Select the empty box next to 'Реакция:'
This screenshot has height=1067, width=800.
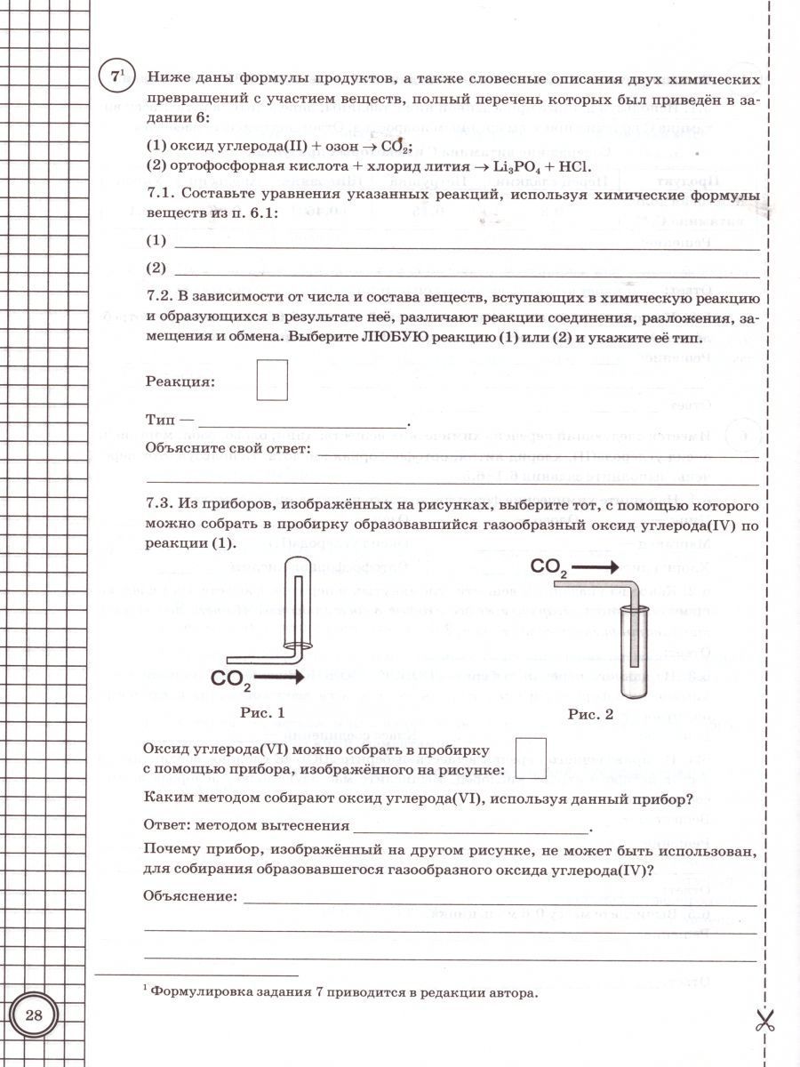(272, 380)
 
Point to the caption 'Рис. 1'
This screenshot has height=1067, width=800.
(263, 712)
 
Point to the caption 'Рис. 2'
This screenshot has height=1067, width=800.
(591, 713)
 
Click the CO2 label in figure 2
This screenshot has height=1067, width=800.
(549, 567)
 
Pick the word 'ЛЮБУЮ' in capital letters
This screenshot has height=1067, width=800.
(391, 338)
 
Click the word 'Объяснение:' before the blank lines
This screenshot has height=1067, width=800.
(189, 896)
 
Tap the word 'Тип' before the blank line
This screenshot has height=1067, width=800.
(159, 419)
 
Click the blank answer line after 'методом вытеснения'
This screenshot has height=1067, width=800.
(471, 828)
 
